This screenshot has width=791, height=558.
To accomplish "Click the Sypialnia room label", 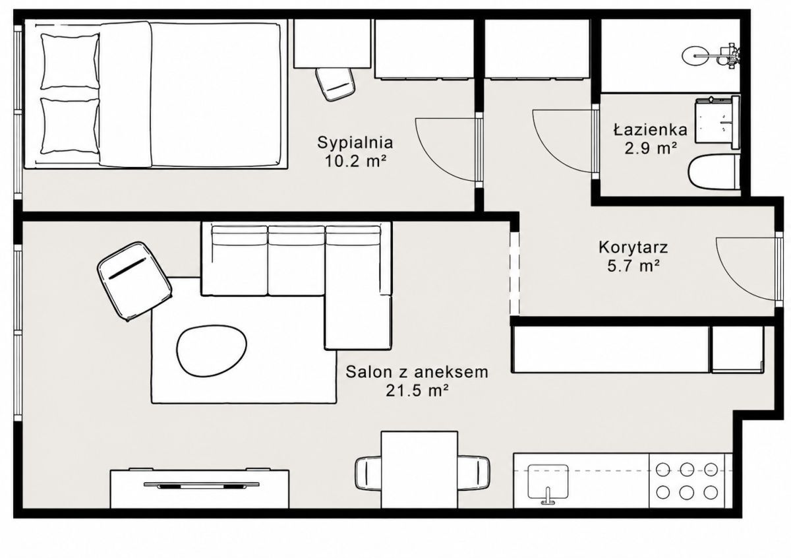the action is click(x=355, y=143).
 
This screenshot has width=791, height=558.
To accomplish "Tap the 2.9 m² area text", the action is click(x=651, y=148).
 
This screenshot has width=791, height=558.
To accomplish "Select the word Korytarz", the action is click(x=633, y=248).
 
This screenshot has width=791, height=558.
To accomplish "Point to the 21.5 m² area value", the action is click(x=417, y=390).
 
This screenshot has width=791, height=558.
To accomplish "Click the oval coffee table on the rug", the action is click(x=212, y=351).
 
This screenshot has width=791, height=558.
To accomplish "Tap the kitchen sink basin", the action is click(x=548, y=481).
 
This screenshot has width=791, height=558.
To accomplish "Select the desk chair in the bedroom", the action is click(x=334, y=84).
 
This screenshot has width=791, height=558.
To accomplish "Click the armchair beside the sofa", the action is click(x=134, y=282).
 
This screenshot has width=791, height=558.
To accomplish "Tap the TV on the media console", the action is click(x=201, y=485).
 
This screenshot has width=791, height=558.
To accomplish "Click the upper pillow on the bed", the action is click(x=70, y=61).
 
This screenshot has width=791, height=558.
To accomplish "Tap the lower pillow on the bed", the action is click(x=70, y=126).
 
